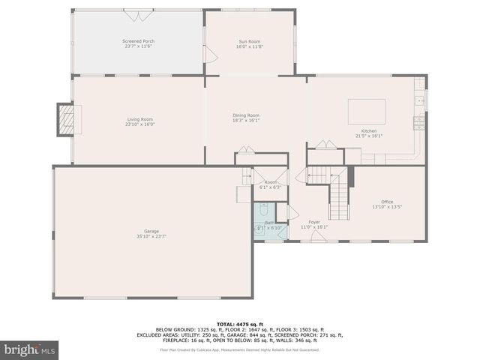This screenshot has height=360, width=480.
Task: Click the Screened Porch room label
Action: [x=138, y=41]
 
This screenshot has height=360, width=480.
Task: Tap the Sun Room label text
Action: [x=250, y=41]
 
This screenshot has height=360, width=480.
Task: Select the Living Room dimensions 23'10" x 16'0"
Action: [x=139, y=124]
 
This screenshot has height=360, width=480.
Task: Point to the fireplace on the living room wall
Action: [x=68, y=118]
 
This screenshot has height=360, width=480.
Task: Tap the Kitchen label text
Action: [x=369, y=131]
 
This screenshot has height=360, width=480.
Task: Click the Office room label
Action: [x=387, y=202]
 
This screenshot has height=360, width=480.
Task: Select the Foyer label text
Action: [x=314, y=222]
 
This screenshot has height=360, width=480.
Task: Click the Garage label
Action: [x=151, y=231]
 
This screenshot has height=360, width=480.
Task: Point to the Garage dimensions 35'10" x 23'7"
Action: [x=151, y=236]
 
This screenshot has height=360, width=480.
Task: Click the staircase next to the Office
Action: [x=339, y=196]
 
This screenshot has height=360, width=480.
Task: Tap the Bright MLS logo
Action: [x=30, y=349]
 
